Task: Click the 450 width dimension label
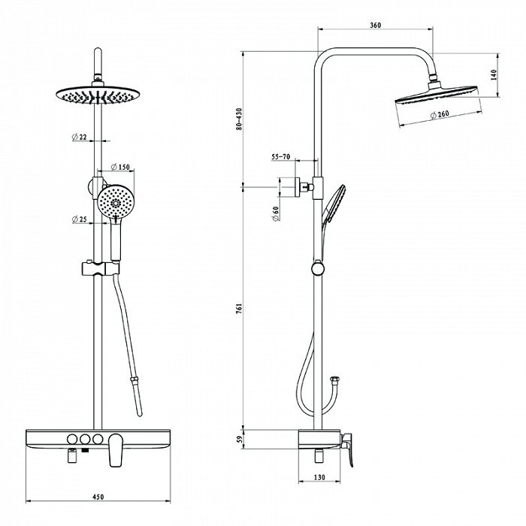click(x=98, y=497)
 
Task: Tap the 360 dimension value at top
click(x=376, y=25)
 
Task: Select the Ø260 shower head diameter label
click(x=440, y=114)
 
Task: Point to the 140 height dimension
click(x=493, y=75)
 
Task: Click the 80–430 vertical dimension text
click(x=239, y=119)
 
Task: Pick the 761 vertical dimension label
click(x=239, y=308)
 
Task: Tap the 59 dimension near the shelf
click(x=239, y=439)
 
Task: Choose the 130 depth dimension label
click(x=319, y=476)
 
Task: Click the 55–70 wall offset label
click(x=280, y=156)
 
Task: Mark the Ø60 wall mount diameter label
click(x=276, y=213)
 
